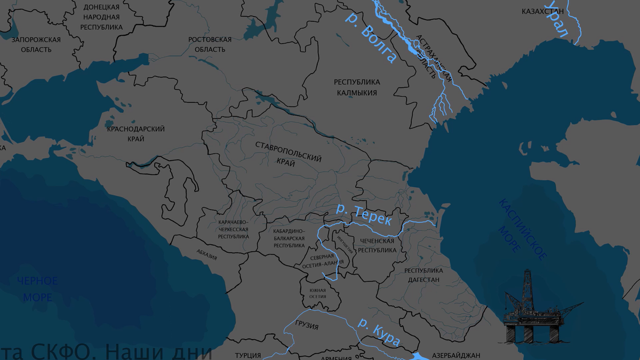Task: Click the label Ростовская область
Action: tap(210, 44)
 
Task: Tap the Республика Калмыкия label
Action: tap(357, 87)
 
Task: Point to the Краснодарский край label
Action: tap(135, 134)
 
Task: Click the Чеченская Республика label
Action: tap(377, 245)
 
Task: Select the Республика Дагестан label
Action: tap(424, 275)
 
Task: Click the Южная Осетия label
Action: tap(317, 294)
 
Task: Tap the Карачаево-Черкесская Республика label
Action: tap(234, 229)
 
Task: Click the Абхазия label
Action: tap(206, 254)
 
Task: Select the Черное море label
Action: tap(37, 289)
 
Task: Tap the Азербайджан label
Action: tap(456, 355)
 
